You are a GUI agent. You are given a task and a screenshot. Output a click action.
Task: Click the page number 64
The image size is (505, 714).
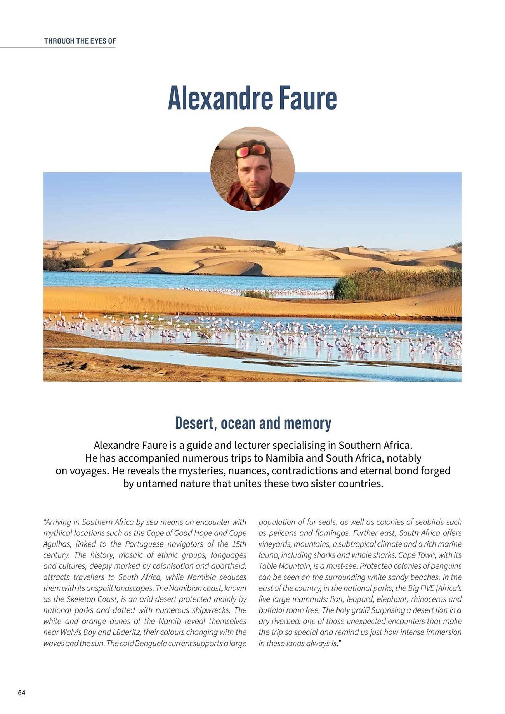tap(21, 693)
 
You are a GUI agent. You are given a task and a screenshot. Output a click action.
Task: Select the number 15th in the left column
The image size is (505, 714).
tap(239, 544)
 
